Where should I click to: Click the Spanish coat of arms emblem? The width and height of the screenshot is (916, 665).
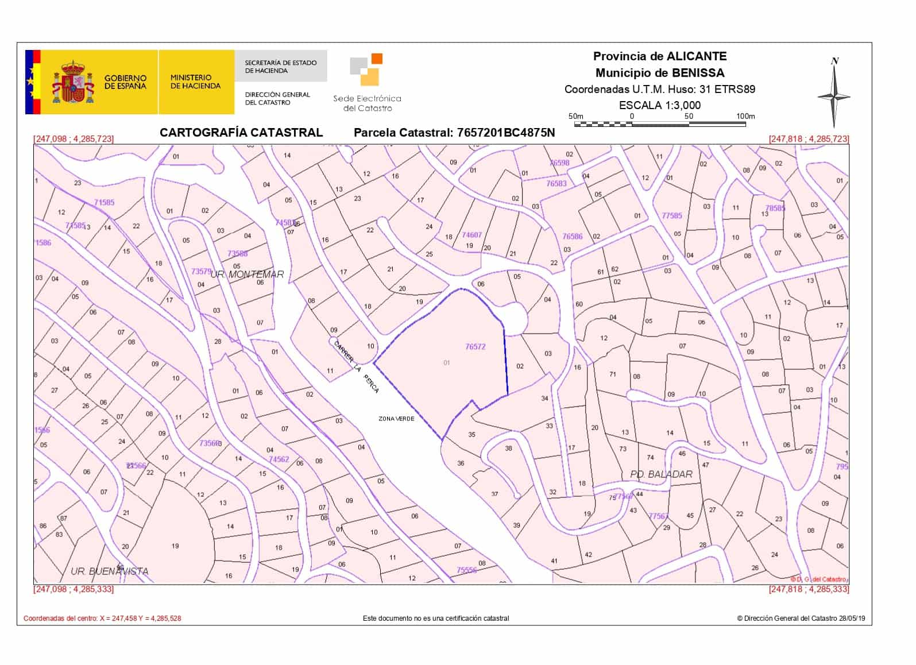click(x=72, y=83)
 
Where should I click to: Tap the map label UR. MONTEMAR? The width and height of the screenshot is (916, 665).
click(x=247, y=274)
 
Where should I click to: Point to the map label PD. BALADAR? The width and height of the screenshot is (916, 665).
click(x=661, y=474)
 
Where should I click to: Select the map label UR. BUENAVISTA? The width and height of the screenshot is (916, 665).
click(x=109, y=571)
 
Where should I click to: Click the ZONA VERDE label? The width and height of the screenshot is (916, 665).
click(x=396, y=419)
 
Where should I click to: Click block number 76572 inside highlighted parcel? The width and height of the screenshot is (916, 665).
click(x=476, y=347)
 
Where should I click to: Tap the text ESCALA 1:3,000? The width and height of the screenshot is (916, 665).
click(x=659, y=105)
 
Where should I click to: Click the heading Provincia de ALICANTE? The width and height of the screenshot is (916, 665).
click(x=659, y=56)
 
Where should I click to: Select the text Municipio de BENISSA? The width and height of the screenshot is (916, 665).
click(x=659, y=73)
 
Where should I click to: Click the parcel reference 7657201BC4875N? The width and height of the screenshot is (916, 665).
click(x=506, y=133)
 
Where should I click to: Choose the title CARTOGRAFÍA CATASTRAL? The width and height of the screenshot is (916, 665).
click(x=241, y=133)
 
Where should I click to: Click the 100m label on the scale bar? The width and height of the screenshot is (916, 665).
click(x=745, y=116)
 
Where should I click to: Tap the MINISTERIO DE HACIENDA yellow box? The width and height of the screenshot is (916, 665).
click(x=196, y=82)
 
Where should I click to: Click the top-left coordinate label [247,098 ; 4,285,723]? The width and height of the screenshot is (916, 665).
click(x=74, y=139)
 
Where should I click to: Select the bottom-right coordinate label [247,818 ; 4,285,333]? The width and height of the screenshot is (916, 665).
click(x=808, y=589)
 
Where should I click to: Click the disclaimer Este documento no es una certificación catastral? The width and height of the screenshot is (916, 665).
click(x=436, y=618)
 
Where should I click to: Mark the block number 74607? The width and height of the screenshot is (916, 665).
click(x=472, y=235)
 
